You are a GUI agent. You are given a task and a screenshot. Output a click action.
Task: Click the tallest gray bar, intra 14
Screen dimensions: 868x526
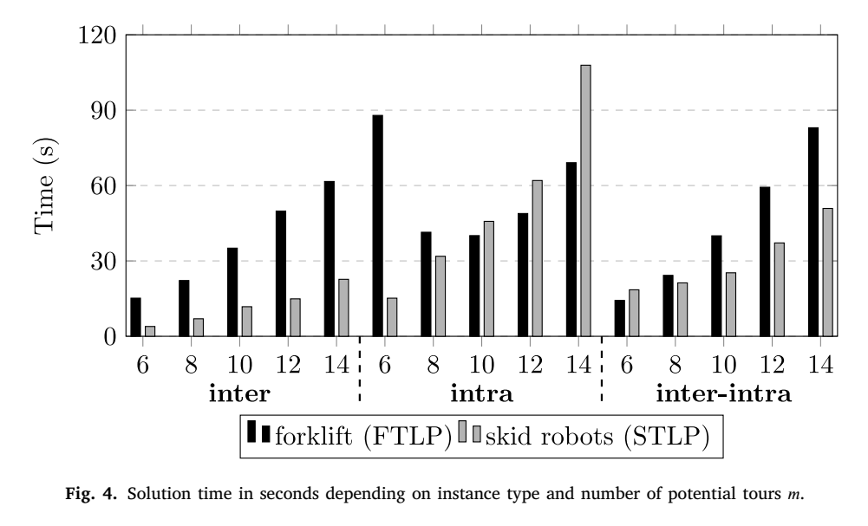585,201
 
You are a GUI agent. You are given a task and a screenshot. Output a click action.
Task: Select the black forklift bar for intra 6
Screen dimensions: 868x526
377,225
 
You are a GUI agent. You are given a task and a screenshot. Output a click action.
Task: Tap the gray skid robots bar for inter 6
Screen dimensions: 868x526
150,331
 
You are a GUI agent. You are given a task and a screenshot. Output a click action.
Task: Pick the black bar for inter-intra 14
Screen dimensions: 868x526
813,231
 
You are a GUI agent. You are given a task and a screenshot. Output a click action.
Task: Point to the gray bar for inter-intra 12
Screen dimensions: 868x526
779,289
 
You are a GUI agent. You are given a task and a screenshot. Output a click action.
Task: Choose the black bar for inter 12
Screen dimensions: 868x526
281,273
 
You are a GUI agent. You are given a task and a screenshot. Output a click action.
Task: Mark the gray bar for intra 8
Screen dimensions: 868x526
441,295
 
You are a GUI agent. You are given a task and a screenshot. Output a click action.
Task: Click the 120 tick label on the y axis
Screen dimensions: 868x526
97,36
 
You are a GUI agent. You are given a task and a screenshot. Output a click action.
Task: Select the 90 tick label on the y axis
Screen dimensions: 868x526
104,111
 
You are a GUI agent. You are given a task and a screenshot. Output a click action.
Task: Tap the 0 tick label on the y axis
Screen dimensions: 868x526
110,336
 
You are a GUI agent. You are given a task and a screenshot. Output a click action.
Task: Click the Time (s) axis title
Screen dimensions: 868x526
45,185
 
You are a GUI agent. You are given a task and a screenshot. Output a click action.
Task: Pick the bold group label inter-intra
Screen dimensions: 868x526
723,393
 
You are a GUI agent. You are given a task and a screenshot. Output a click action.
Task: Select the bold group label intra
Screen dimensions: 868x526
481,393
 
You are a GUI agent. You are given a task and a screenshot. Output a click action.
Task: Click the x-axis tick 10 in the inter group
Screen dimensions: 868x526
239,365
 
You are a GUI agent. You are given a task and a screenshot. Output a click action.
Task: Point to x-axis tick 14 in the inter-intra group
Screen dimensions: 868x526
820,365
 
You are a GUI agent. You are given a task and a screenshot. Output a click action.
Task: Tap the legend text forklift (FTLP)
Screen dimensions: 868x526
363,437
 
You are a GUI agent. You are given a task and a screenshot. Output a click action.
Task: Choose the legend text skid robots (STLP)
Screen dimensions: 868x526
597,437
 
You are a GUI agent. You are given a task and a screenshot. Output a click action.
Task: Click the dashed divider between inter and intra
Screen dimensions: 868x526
360,368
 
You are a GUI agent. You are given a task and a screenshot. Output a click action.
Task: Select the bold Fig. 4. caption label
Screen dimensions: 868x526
91,493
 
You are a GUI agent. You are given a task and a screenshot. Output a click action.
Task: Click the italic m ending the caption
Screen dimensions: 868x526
793,494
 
